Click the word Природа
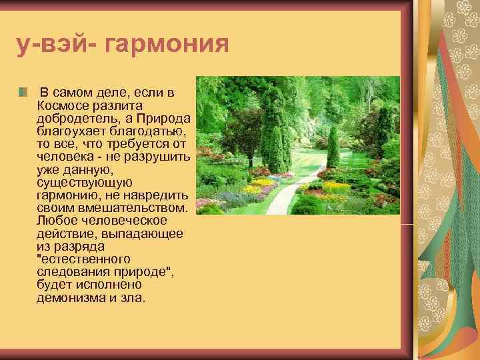click(167, 119)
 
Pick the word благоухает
click(69, 131)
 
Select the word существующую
click(85, 182)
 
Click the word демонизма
click(67, 297)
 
